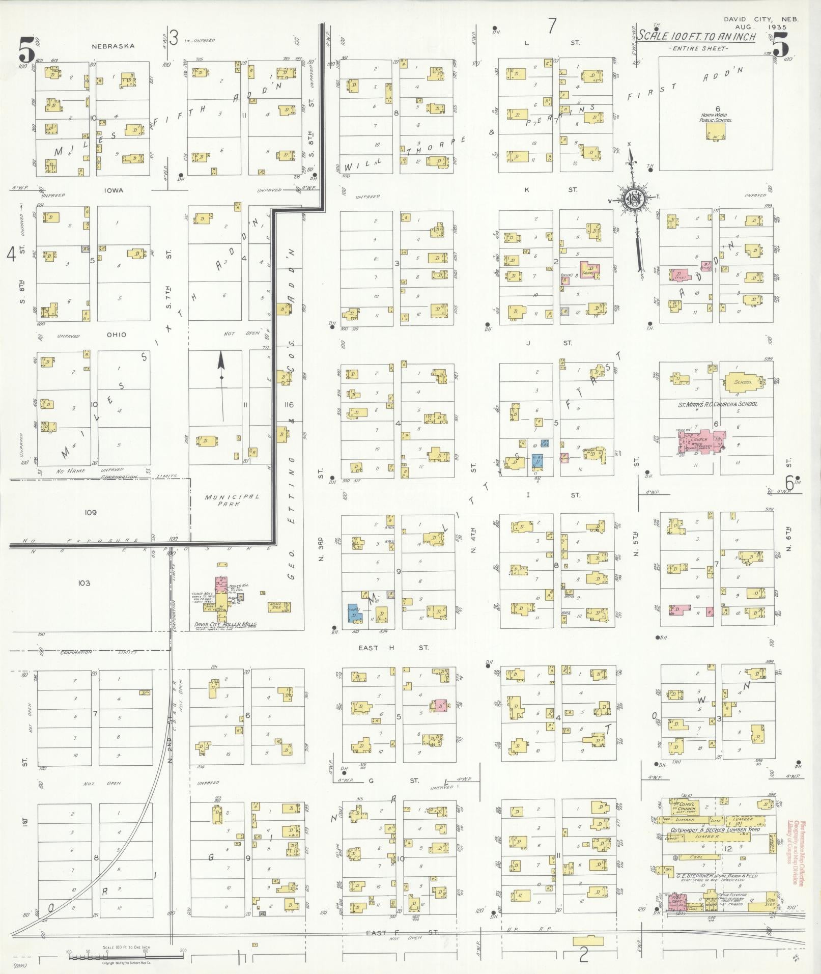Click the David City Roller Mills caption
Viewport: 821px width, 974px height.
pyautogui.click(x=225, y=624)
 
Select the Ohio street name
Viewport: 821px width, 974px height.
pyautogui.click(x=116, y=335)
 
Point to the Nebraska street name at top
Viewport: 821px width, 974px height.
pyautogui.click(x=113, y=46)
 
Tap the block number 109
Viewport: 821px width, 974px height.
pyautogui.click(x=91, y=513)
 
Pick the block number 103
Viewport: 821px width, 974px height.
pyautogui.click(x=84, y=583)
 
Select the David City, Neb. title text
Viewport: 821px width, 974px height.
pyautogui.click(x=761, y=19)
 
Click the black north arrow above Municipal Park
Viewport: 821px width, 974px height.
pyautogui.click(x=221, y=377)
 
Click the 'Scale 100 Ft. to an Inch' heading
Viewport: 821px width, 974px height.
pyautogui.click(x=697, y=37)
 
